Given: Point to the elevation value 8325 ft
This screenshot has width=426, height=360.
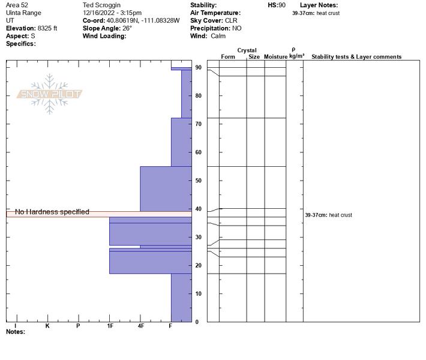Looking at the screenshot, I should [x=47, y=28].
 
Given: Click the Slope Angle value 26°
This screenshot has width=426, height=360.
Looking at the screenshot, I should [x=125, y=28].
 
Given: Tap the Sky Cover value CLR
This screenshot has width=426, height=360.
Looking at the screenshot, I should [x=231, y=20].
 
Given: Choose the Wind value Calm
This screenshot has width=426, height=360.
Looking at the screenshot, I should [x=218, y=36].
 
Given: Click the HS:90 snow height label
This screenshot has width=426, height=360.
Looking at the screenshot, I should [x=277, y=5].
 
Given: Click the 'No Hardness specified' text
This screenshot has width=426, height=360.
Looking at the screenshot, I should [x=52, y=212].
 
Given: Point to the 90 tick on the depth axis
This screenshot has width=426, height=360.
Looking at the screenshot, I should [x=198, y=68].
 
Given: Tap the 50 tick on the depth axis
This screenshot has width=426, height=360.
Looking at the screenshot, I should [x=198, y=181].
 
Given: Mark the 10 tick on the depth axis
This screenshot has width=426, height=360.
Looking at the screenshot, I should [x=198, y=294].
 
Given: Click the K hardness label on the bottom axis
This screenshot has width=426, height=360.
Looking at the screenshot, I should [x=47, y=326].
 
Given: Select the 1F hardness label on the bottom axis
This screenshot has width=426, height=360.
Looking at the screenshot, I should [x=110, y=326].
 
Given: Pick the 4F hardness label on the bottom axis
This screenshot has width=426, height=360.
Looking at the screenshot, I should [x=141, y=326].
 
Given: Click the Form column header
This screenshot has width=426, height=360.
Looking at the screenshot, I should [x=228, y=57].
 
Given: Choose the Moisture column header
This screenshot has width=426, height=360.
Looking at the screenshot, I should [x=275, y=57].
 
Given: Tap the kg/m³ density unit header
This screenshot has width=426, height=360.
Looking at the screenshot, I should [x=296, y=56].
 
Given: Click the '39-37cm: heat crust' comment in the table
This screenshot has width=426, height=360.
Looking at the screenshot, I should [x=328, y=215].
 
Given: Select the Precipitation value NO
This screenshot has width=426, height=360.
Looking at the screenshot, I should [x=237, y=28].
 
